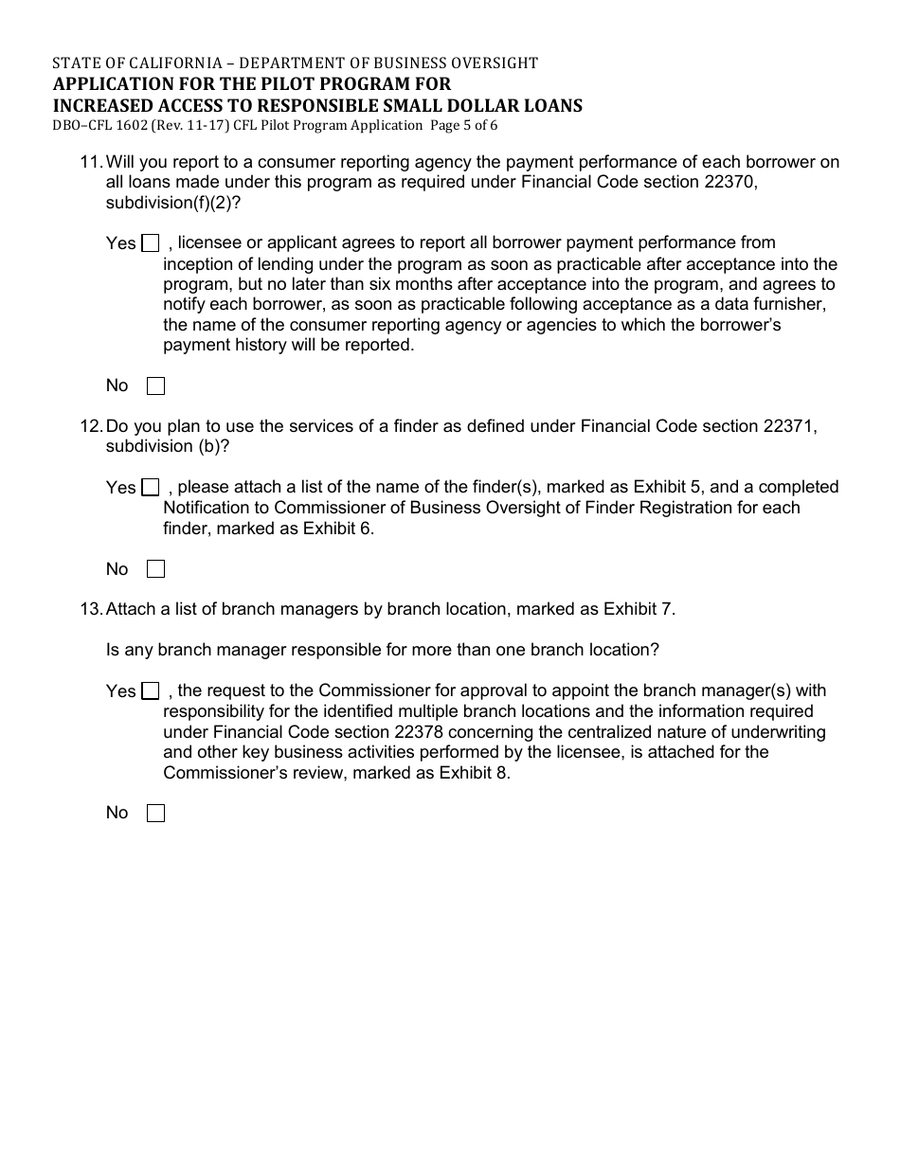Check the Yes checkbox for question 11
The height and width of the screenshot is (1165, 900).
150,243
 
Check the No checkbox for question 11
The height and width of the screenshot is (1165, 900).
155,385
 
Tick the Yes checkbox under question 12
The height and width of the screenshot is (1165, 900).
150,488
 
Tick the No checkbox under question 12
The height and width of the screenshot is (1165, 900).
155,569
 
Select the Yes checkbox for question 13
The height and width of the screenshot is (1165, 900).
150,691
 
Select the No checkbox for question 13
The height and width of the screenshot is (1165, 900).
155,813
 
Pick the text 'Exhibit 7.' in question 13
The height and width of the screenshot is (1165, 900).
639,609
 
